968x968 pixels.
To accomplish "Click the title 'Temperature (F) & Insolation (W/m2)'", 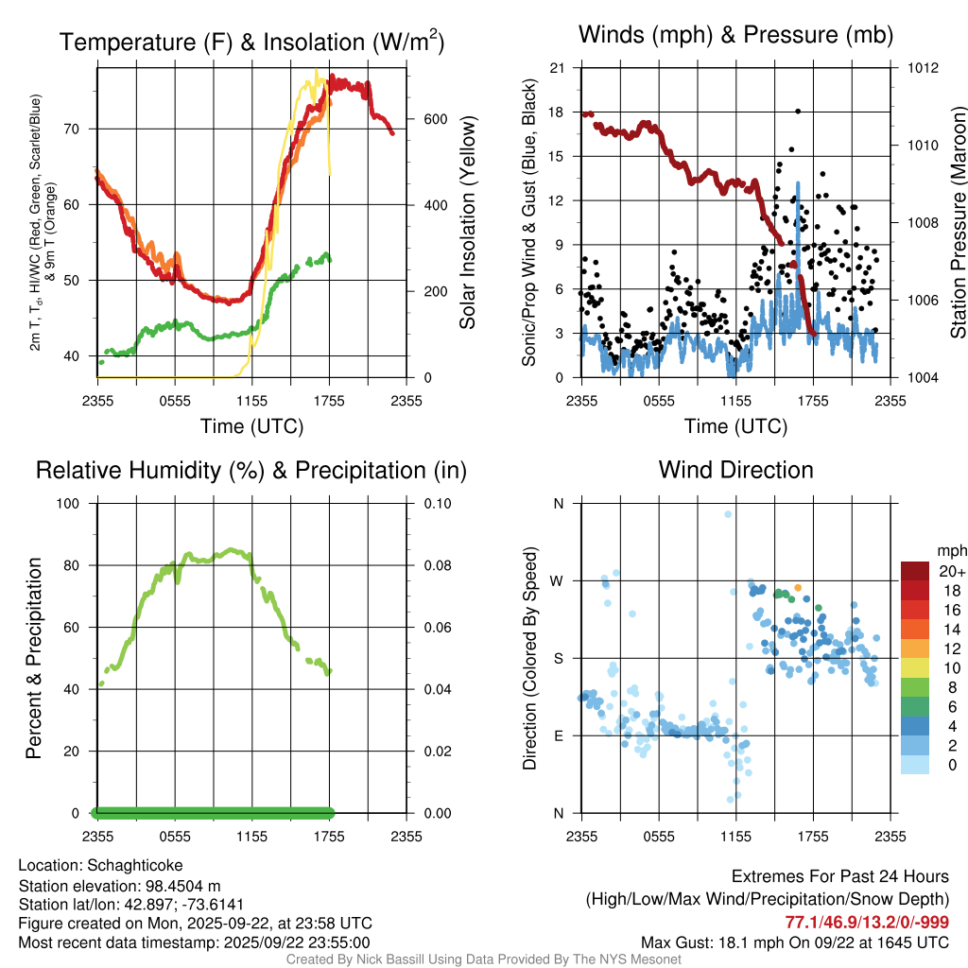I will coord(252,42).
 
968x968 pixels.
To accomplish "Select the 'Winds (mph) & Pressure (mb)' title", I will coord(735,36).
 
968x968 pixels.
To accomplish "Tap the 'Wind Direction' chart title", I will coord(735,470).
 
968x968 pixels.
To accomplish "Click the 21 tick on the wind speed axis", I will coord(558,68).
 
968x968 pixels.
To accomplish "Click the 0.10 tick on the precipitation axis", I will coord(438,504).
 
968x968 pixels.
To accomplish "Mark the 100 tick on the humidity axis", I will coord(75,504).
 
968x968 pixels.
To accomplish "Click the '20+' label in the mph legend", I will coord(952,572).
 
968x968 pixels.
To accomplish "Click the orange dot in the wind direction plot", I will coord(798,587).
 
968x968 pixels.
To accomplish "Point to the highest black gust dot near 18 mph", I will coord(798,112).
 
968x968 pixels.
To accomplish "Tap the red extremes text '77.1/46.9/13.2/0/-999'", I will coord(867,922).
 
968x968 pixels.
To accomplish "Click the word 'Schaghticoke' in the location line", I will coord(135,865).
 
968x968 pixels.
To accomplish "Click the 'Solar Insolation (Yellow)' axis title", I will coord(467,222).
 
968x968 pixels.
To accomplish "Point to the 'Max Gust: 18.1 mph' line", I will coord(794,942).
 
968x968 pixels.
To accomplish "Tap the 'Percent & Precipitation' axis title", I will coord(33,657).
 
